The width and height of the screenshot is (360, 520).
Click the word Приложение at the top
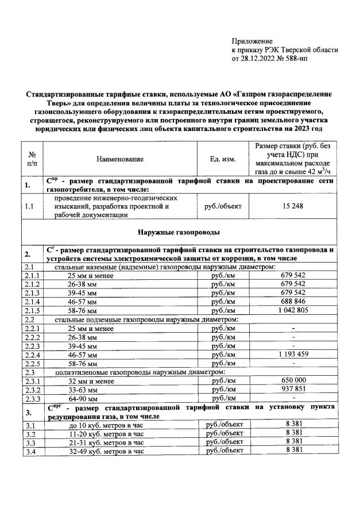click(x=251, y=41)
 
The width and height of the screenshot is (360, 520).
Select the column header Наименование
click(x=120, y=159)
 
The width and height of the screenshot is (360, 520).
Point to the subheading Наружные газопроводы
click(x=179, y=232)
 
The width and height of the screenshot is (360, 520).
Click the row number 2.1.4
click(x=30, y=301)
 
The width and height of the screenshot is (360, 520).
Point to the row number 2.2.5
click(x=30, y=364)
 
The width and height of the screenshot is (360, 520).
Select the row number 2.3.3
click(x=30, y=399)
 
